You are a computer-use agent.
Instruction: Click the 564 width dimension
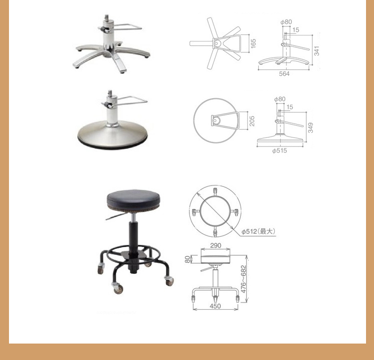[284, 74]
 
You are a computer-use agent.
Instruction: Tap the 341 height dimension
[316, 51]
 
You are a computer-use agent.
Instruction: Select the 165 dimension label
[253, 43]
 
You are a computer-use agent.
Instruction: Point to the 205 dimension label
[252, 121]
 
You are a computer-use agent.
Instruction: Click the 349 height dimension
[310, 128]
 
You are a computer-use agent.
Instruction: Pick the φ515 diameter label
[280, 151]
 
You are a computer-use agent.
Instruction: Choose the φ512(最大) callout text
[258, 231]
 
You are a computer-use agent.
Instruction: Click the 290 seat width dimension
[215, 245]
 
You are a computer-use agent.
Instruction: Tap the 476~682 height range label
[243, 279]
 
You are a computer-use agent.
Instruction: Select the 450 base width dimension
[215, 306]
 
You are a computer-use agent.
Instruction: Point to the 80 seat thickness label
[187, 259]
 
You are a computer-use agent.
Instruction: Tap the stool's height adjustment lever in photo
[116, 216]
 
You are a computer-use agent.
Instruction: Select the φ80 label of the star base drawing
[286, 22]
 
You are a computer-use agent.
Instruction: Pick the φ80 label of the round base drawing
[280, 99]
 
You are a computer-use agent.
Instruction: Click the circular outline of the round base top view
[193, 121]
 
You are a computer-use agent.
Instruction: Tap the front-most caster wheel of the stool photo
[118, 289]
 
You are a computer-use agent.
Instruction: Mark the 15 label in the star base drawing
[296, 30]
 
